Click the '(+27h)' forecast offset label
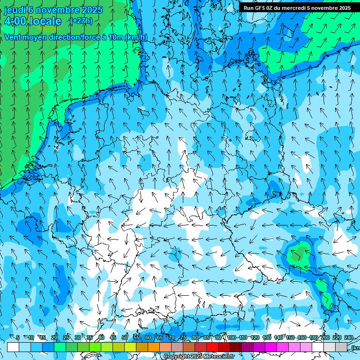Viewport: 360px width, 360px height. tap(81, 21)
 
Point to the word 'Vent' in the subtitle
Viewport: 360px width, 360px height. tap(14, 37)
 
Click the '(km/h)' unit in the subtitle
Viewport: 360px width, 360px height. tap(136, 37)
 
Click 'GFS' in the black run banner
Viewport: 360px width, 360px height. tap(261, 8)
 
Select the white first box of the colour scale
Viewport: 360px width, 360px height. tap(13, 347)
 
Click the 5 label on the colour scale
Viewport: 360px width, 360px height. tap(18, 338)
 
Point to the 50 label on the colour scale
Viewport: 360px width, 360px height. tap(125, 338)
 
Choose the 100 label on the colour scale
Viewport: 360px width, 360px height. tap(232, 338)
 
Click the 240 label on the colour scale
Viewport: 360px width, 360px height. tap(349, 338)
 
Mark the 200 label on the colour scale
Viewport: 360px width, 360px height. tap(325, 338)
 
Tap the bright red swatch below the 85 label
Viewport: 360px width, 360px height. tap(212, 347)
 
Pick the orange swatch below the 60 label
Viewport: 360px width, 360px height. tap(154, 347)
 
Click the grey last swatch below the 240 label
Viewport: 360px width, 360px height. tap(341, 347)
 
